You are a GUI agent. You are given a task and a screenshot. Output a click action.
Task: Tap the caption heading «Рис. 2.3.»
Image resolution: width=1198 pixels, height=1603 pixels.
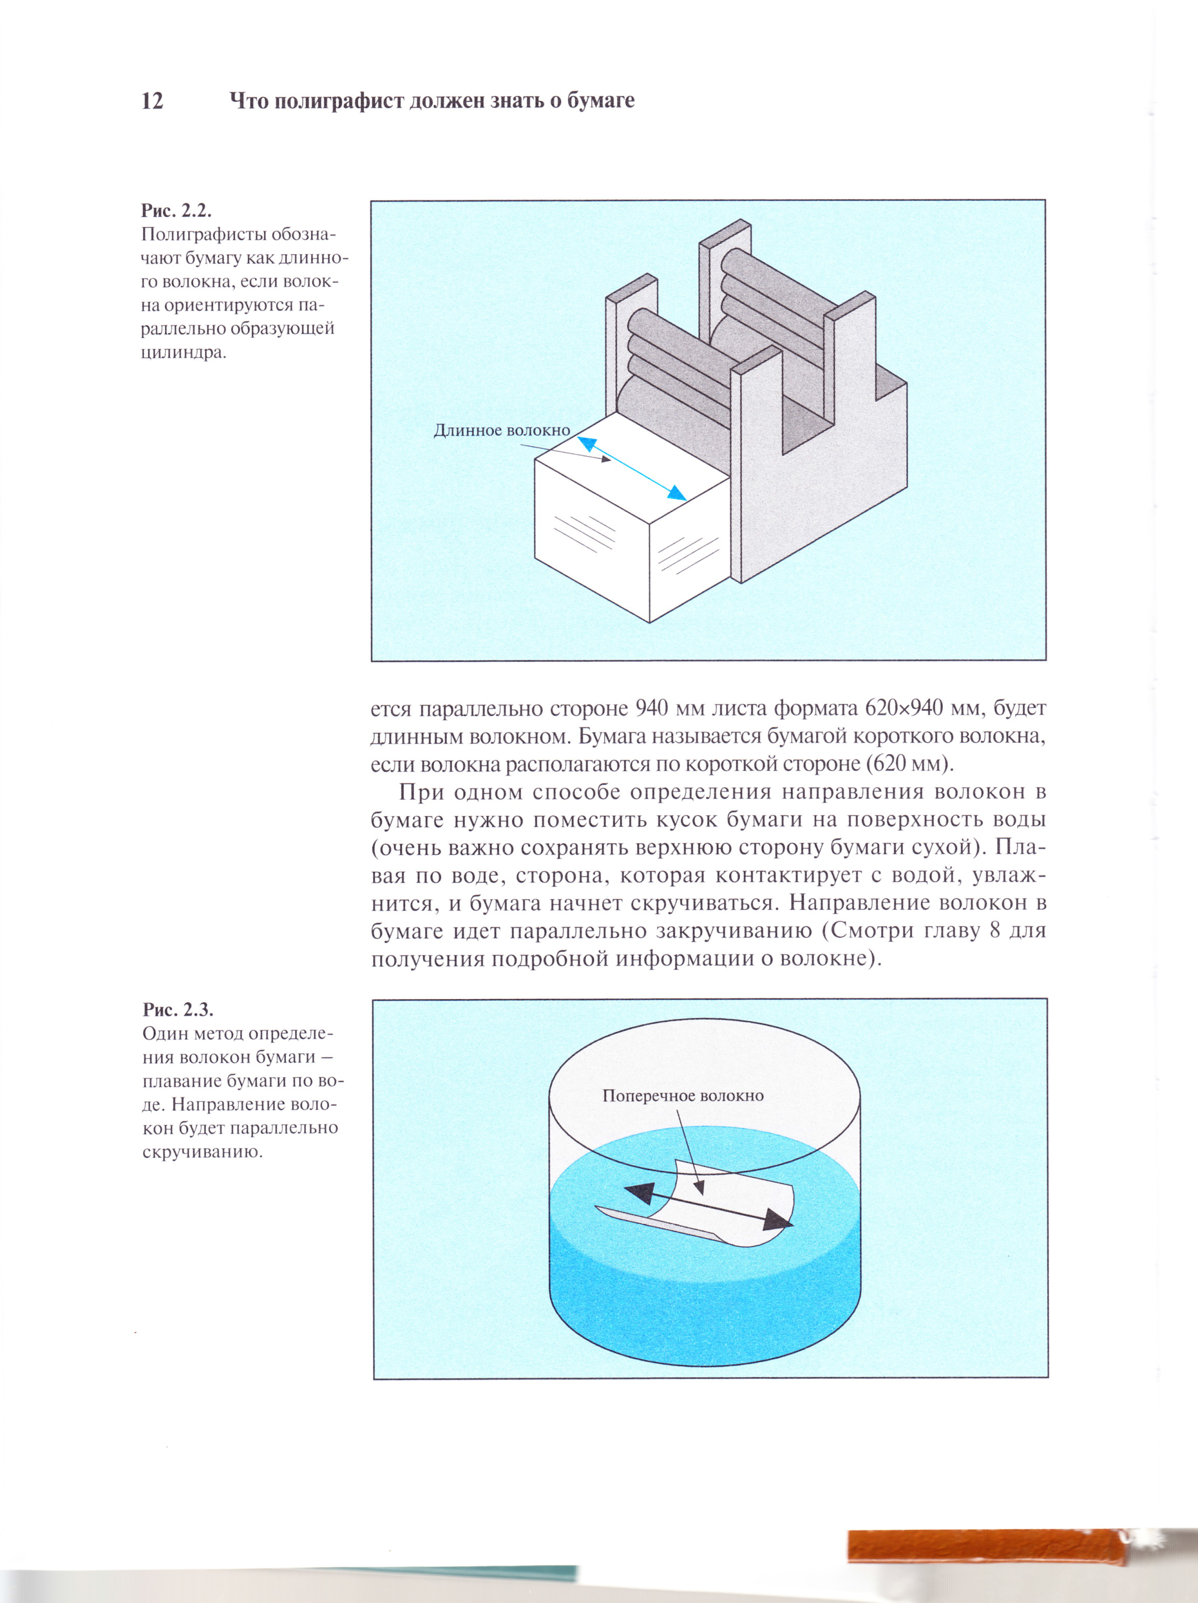pyautogui.click(x=178, y=1010)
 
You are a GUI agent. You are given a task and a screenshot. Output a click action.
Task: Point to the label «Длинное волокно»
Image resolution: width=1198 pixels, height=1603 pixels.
pyautogui.click(x=502, y=430)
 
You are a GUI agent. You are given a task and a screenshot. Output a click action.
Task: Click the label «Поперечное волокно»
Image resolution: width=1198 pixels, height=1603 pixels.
pyautogui.click(x=683, y=1096)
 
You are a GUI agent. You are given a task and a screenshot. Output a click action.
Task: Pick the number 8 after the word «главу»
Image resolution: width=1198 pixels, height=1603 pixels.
pyautogui.click(x=994, y=931)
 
